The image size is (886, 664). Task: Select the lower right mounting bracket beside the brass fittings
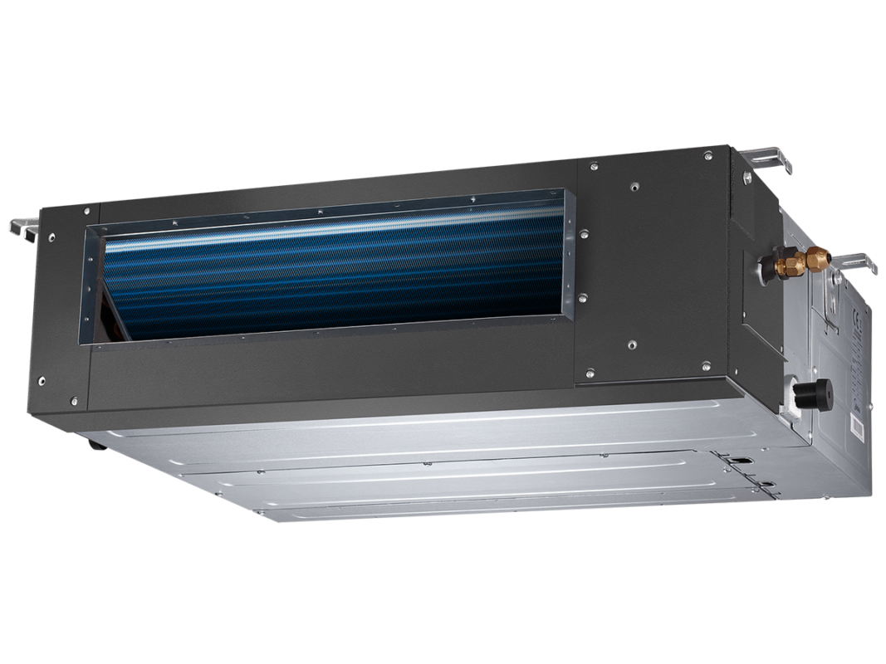pos(855,262)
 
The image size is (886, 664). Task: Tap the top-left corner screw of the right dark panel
pos(592,167)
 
